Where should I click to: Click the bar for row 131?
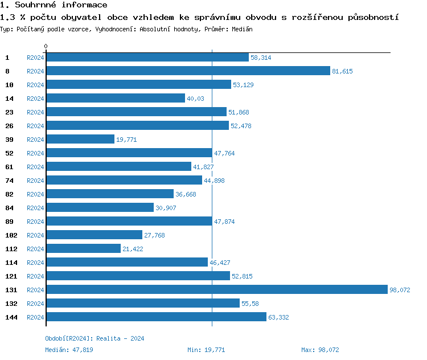(216, 290)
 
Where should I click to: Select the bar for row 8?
(188, 71)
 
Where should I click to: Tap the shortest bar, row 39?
(80, 140)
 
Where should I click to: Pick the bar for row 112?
(84, 249)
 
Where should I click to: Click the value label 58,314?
(261, 58)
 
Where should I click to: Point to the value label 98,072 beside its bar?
(400, 290)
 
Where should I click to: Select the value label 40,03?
(195, 99)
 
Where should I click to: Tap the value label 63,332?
(278, 317)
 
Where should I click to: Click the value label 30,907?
(166, 208)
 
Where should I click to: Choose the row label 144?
(11, 317)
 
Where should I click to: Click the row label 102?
(11, 235)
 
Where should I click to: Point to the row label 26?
(9, 126)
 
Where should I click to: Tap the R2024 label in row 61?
(35, 167)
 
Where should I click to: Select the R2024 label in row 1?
(35, 58)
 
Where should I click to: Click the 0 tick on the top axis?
(46, 46)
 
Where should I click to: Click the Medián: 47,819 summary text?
(69, 350)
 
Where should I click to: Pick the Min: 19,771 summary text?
(206, 350)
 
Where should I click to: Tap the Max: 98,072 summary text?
(320, 350)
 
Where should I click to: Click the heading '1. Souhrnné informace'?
(54, 5)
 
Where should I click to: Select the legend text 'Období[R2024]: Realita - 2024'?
(95, 338)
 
